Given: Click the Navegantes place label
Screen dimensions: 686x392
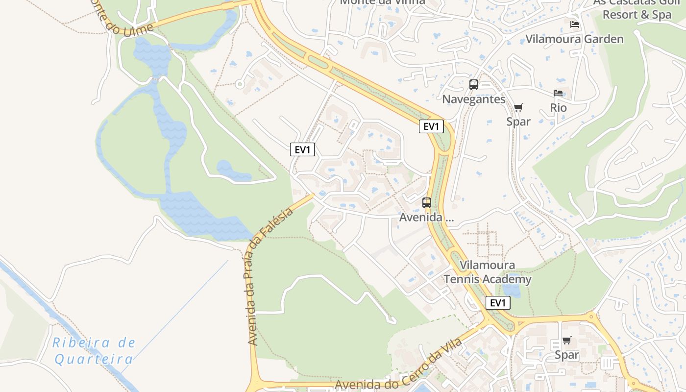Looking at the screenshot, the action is (473, 99).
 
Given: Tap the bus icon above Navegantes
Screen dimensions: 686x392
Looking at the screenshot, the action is (473, 84).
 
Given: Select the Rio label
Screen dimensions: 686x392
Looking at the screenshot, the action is (558, 108).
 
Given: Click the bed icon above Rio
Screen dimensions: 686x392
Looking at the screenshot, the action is (558, 93).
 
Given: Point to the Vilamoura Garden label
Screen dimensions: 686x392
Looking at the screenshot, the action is (574, 39).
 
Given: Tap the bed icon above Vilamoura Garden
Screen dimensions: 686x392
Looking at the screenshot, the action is (574, 24).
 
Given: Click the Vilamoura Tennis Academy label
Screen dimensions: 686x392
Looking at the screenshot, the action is (488, 272).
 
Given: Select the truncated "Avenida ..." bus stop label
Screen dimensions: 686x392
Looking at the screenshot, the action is (426, 218).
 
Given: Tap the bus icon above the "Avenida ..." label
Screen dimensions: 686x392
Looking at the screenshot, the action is (426, 202).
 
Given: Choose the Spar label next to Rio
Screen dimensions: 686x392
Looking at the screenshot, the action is (518, 122).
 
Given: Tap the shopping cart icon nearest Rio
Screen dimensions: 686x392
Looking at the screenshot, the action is (518, 107).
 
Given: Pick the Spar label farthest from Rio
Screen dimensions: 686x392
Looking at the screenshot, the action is (567, 355).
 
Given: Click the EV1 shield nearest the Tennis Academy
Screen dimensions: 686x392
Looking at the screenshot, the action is (497, 303).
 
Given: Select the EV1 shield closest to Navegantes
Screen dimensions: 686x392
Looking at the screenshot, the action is (431, 126).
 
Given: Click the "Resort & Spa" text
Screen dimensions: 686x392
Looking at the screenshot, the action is (637, 15).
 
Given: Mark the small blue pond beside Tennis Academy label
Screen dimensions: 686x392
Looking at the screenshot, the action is (512, 291).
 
